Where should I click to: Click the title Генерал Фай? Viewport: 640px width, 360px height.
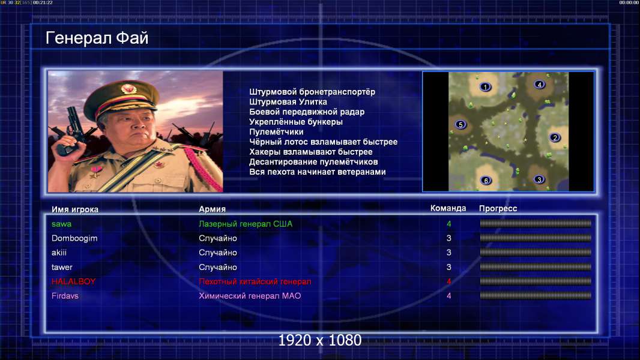click(97, 38)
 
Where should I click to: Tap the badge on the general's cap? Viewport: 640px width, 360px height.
click(128, 88)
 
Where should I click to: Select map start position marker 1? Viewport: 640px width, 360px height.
click(485, 87)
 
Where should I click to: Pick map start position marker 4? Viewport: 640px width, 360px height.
click(539, 85)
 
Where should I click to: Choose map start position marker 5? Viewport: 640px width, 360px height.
click(460, 125)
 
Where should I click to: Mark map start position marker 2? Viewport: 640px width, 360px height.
click(555, 138)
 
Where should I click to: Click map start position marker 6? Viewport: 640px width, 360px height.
click(486, 181)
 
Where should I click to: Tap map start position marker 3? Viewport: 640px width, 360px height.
click(539, 179)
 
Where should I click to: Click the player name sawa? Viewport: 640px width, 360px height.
click(62, 224)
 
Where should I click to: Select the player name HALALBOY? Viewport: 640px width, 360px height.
click(73, 281)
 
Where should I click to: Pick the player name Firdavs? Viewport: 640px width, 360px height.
click(65, 296)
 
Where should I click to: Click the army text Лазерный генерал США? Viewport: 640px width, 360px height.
click(246, 224)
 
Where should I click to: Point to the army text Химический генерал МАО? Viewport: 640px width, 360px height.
click(250, 296)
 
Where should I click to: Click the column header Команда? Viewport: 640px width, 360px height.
click(448, 208)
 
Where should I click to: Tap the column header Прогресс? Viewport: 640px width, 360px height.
click(498, 209)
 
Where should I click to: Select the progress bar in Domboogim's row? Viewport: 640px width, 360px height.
click(536, 238)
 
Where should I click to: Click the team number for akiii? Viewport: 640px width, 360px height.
click(448, 253)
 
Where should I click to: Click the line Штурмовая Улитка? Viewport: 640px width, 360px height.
click(288, 102)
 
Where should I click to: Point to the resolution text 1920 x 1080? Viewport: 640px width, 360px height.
click(320, 340)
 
